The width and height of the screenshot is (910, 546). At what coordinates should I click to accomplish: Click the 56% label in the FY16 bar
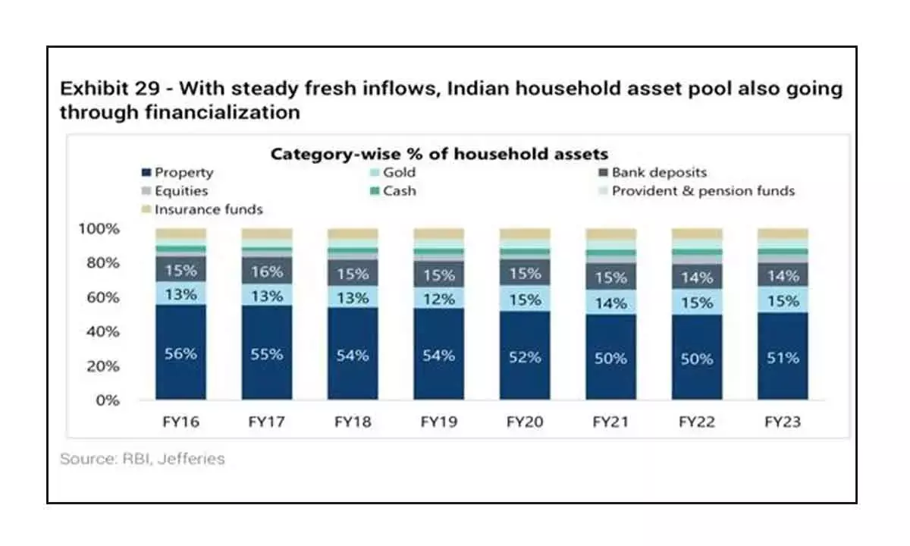180,353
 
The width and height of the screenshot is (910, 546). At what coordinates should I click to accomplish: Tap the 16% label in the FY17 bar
266,271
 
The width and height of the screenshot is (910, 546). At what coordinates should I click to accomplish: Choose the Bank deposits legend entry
658,173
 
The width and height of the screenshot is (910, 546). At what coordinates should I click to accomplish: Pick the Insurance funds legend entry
209,209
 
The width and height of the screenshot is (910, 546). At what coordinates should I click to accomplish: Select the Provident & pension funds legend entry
702,191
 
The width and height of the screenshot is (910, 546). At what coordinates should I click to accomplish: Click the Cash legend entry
399,191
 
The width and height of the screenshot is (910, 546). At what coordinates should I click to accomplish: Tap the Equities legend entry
180,191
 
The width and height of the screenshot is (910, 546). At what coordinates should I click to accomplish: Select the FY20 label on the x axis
524,422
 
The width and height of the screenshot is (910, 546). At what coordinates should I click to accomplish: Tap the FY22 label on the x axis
696,422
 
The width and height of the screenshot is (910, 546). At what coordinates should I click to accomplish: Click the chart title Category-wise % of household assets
439,154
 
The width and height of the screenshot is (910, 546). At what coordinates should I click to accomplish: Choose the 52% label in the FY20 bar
524,356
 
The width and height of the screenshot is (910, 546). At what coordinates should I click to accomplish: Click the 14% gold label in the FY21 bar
610,303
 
